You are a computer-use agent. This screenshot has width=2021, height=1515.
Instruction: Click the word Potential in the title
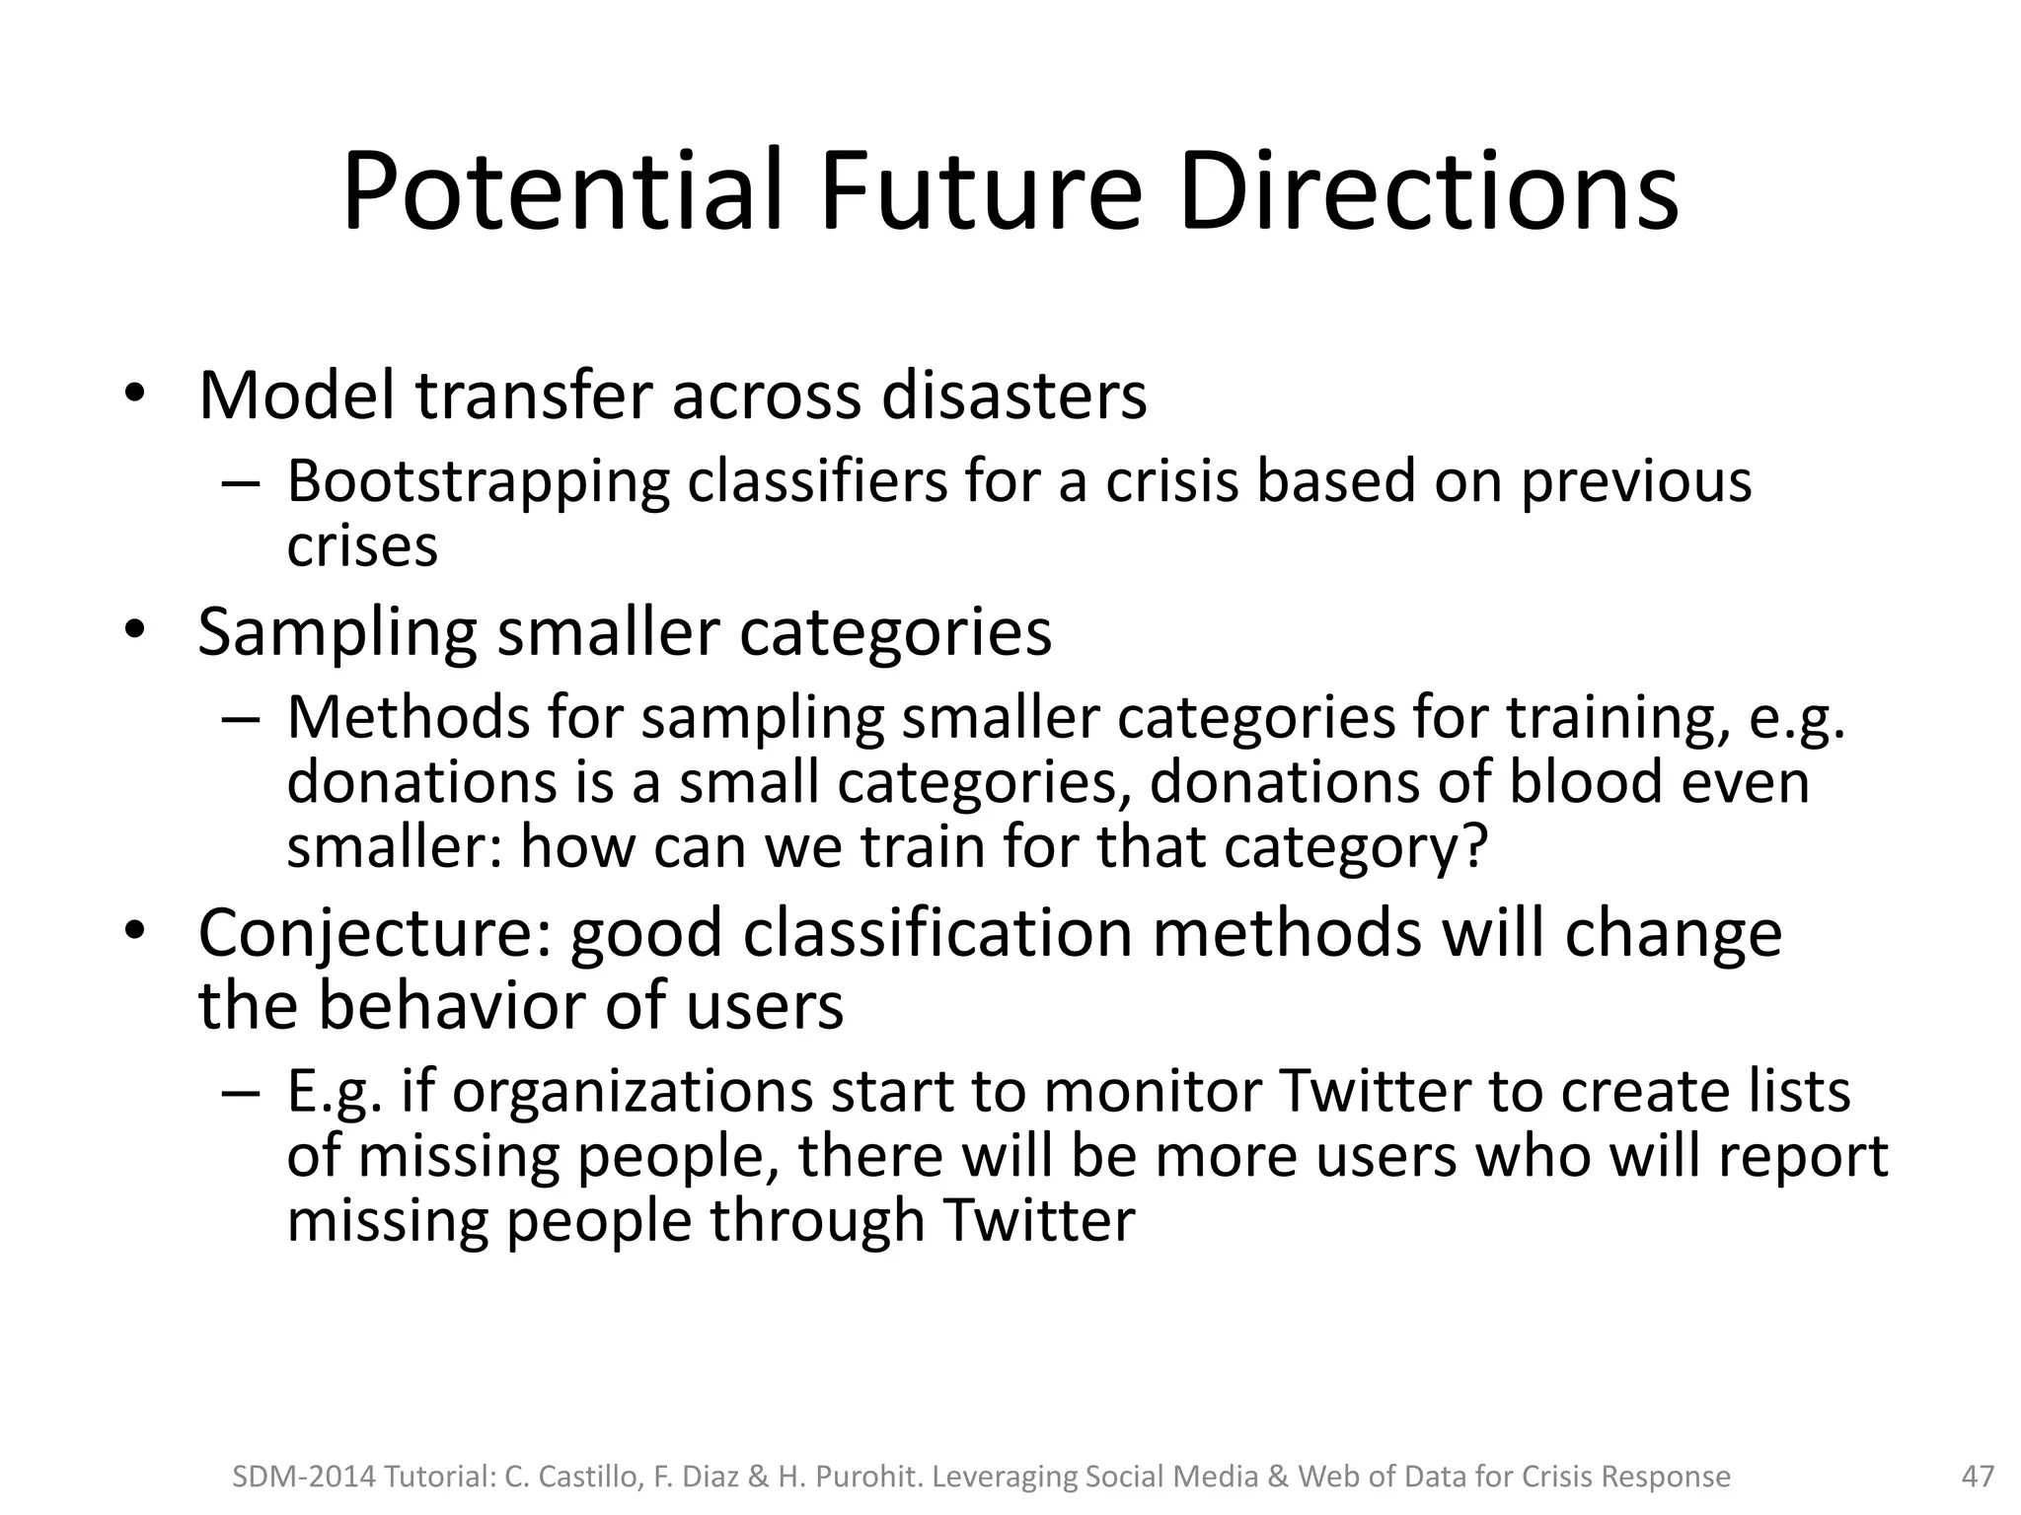click(562, 192)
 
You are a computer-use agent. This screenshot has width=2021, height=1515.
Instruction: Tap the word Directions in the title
click(1428, 192)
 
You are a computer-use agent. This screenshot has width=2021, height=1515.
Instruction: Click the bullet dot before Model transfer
click(134, 396)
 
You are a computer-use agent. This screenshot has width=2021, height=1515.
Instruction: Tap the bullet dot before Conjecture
click(134, 931)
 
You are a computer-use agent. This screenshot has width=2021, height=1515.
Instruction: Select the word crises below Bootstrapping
click(361, 548)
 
